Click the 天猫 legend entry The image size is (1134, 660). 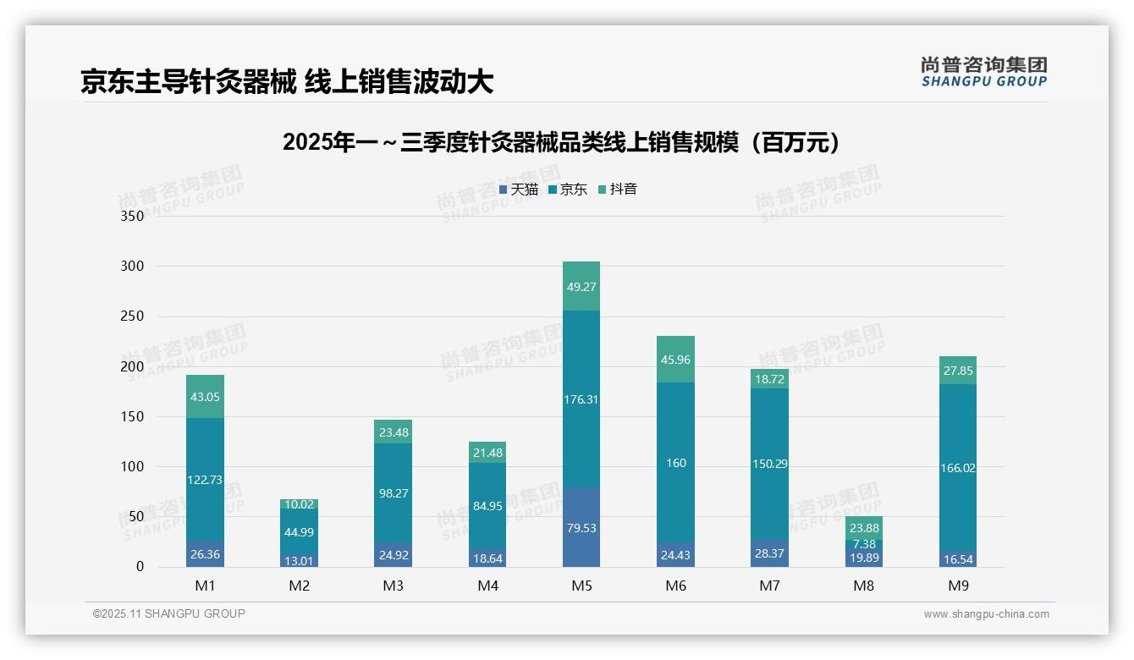[519, 190]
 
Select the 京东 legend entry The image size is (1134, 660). [568, 190]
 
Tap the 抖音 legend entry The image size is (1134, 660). [618, 190]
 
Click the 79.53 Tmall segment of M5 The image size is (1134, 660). [581, 527]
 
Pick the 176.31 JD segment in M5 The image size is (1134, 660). [581, 399]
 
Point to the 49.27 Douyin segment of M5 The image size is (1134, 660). [581, 287]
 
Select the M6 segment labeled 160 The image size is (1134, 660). [675, 463]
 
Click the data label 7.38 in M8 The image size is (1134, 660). [864, 544]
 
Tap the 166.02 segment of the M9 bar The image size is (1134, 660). [957, 468]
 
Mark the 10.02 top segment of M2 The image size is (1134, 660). [300, 504]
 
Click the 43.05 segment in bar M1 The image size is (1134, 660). [205, 397]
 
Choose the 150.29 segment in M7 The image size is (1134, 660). [769, 463]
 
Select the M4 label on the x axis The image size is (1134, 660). [487, 586]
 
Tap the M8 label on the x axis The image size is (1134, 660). [864, 586]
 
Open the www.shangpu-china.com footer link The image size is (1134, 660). [986, 614]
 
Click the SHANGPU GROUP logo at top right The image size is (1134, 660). [983, 72]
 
